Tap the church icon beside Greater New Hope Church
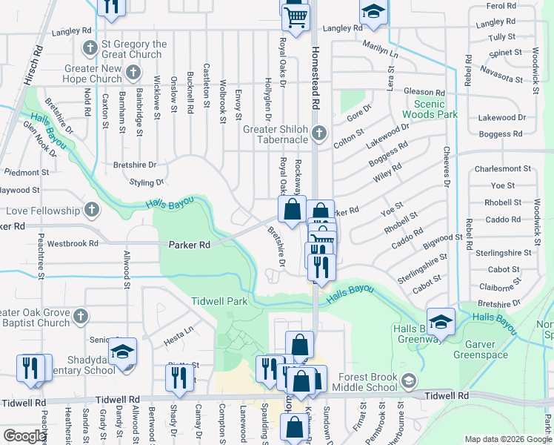click(133, 72)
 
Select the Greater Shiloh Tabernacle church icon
click(319, 133)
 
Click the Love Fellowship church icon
click(92, 210)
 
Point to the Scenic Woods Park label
click(430, 109)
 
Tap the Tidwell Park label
click(218, 301)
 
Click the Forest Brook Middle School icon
click(408, 381)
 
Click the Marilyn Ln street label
click(380, 51)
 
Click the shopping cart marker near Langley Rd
click(296, 16)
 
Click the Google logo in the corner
click(25, 436)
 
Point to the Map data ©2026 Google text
click(507, 439)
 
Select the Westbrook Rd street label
click(72, 243)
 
